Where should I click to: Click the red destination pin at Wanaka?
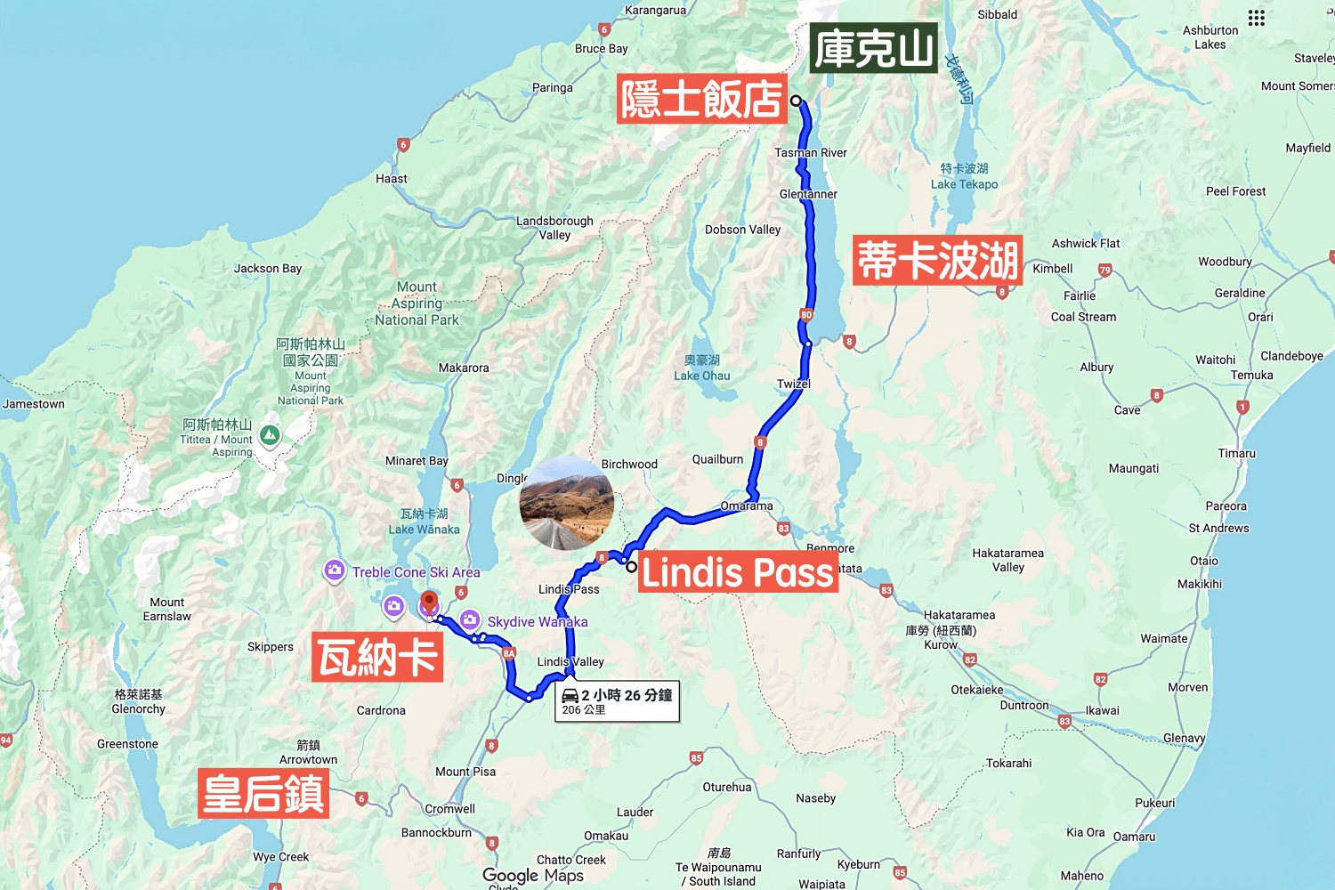click(429, 603)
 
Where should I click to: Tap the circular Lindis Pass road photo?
click(567, 503)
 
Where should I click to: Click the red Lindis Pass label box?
click(738, 572)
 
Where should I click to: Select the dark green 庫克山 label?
click(873, 48)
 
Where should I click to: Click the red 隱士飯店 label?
click(701, 98)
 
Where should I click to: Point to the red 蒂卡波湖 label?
click(936, 260)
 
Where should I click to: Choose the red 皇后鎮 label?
click(263, 793)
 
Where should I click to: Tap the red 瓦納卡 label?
click(377, 658)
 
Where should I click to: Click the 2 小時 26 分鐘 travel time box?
click(618, 701)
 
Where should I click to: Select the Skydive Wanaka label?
click(537, 621)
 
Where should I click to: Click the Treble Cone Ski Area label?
click(416, 572)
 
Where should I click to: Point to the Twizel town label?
click(793, 384)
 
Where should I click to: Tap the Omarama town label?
click(747, 506)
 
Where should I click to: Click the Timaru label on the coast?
click(1236, 453)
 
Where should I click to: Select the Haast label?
click(391, 178)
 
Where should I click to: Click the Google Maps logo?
click(533, 876)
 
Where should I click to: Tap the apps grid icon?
click(1256, 18)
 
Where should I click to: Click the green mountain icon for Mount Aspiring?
click(270, 435)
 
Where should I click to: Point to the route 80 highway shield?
click(806, 314)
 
